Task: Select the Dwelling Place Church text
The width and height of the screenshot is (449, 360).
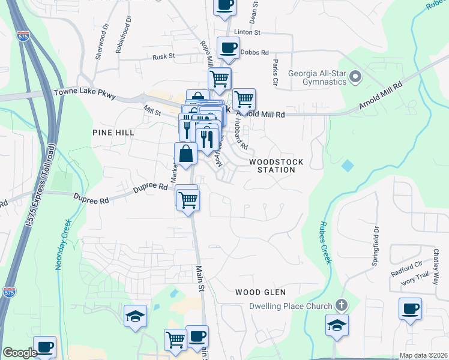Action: tap(291, 306)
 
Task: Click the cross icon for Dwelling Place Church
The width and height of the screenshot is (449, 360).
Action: tap(342, 305)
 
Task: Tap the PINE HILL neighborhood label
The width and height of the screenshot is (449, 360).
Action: tap(112, 131)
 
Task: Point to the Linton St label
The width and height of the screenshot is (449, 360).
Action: tap(247, 32)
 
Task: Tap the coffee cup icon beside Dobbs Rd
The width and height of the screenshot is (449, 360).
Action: tap(228, 48)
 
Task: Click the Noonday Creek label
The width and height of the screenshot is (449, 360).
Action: tap(61, 244)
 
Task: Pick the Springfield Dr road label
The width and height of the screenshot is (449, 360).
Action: tap(377, 237)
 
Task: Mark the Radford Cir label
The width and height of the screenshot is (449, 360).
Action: tap(406, 266)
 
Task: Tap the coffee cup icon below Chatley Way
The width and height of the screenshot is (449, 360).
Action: tap(411, 310)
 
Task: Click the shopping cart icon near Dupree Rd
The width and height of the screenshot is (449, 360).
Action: tap(188, 199)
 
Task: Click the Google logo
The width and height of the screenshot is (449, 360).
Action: tap(20, 353)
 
